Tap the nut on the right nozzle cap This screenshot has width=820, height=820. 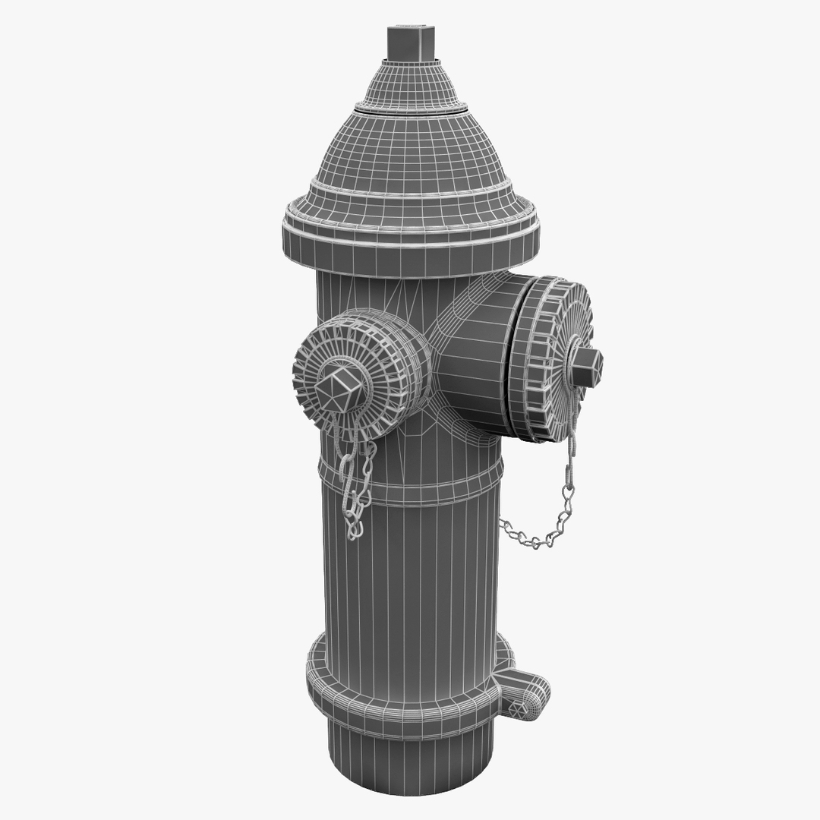(x=586, y=367)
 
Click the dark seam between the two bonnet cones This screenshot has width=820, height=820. (x=411, y=109)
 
